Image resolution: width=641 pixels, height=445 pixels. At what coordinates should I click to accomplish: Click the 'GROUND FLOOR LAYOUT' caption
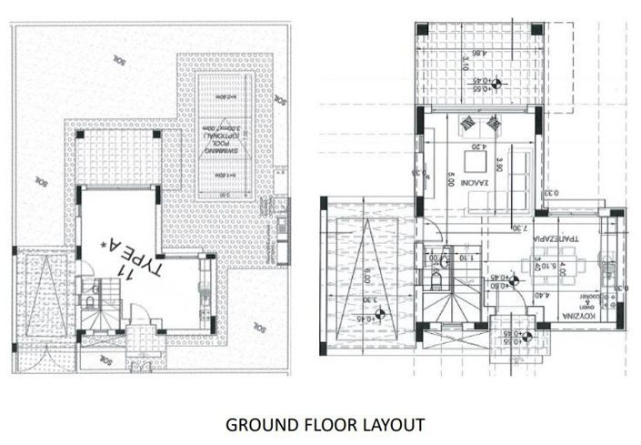tap(325, 424)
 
